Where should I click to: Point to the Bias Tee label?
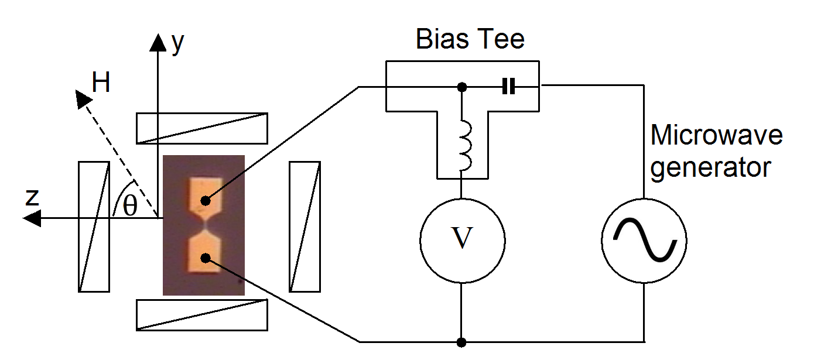point(470,39)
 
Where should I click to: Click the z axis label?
point(32,197)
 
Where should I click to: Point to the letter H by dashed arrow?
point(101,84)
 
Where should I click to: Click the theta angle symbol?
point(129,206)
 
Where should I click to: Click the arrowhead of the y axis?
point(158,41)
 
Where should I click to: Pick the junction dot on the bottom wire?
point(462,341)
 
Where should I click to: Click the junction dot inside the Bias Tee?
point(462,87)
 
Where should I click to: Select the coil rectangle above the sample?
point(201,128)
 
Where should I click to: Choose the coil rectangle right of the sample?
point(305,226)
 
